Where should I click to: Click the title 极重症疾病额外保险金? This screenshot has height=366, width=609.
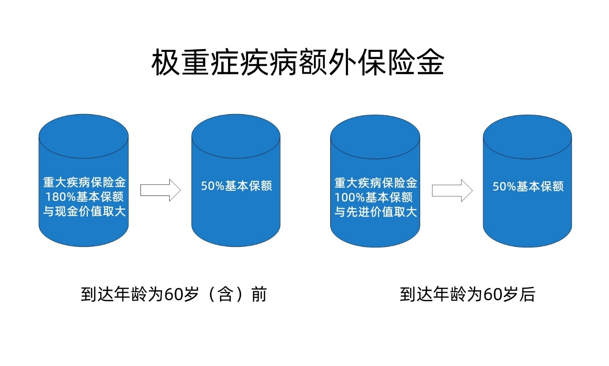coord(298,62)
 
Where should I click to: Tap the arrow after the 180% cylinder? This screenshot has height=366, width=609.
coord(160,190)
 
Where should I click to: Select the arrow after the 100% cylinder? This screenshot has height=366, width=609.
coord(453,190)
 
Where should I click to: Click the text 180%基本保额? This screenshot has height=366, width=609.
coord(84,197)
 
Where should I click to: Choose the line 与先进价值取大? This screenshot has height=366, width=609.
coord(376,212)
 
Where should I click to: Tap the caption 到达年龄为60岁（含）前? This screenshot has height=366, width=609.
coord(174,294)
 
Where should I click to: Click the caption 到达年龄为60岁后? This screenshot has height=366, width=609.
coord(467,294)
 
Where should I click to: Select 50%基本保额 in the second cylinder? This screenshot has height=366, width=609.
coord(236,186)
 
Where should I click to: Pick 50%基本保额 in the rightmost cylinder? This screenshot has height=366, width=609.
coord(528,186)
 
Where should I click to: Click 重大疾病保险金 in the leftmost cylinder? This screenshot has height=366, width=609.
coord(84,182)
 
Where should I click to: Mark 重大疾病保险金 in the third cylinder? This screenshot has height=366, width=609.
coord(376,183)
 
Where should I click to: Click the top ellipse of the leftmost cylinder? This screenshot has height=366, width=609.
coord(83,136)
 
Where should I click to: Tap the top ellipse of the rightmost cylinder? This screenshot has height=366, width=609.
coord(527,137)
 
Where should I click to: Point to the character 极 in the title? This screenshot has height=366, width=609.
coord(165,62)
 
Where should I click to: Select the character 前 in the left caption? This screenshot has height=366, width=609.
coord(259,294)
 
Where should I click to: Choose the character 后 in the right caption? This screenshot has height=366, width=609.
coord(527,294)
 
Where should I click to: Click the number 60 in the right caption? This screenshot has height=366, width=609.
coord(493,295)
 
